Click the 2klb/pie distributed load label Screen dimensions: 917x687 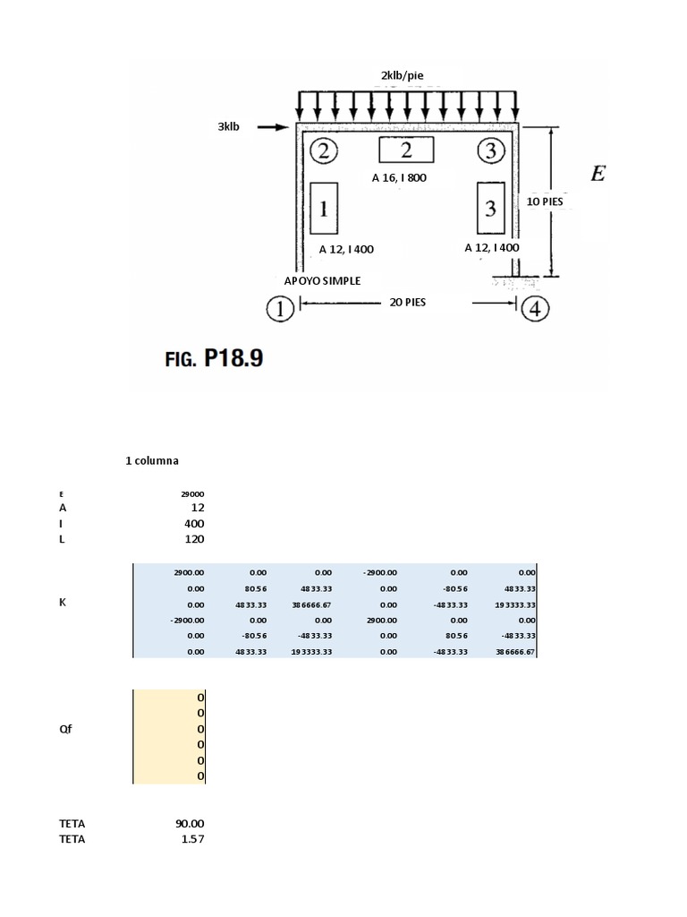(405, 75)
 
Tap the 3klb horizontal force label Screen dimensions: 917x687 (229, 127)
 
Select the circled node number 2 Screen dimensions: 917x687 (323, 151)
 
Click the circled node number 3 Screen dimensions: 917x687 (490, 151)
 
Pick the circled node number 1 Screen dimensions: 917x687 (280, 310)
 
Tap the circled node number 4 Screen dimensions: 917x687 (535, 310)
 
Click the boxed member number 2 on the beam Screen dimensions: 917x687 (406, 150)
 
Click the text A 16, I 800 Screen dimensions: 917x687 (399, 178)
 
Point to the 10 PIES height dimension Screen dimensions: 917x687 (545, 202)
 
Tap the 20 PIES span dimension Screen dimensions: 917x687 (408, 303)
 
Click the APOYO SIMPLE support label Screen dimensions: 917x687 (323, 281)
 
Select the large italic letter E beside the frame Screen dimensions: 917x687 (598, 174)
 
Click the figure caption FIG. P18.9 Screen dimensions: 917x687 (211, 359)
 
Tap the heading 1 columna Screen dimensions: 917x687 (152, 461)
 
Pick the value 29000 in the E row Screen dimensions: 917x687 (192, 493)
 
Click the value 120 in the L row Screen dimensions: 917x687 (194, 539)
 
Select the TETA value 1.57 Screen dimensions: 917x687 (192, 839)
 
